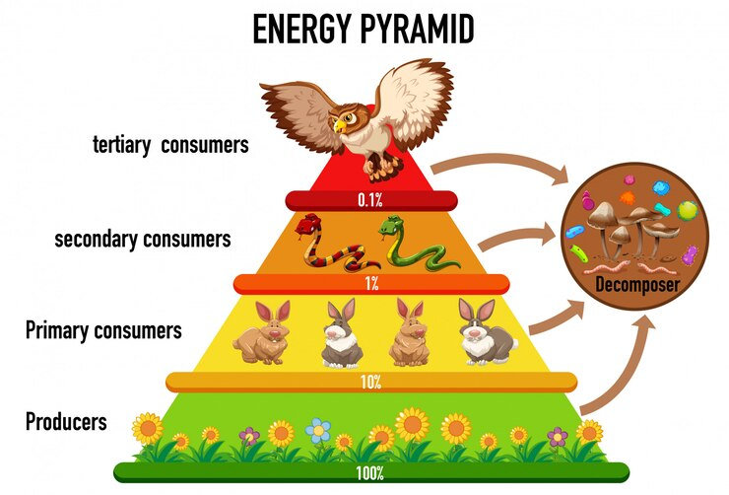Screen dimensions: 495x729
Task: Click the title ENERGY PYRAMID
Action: [364, 30]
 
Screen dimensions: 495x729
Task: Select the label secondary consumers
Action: [143, 238]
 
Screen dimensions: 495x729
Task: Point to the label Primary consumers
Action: [103, 330]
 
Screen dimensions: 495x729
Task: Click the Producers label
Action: [66, 423]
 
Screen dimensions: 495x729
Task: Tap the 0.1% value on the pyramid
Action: [370, 200]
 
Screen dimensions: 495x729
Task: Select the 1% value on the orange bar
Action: [370, 284]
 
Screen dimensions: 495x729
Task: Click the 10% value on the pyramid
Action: [370, 382]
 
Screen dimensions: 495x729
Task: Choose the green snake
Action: [414, 247]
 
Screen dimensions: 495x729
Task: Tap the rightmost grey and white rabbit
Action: [486, 333]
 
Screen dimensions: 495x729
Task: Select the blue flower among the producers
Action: [318, 430]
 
